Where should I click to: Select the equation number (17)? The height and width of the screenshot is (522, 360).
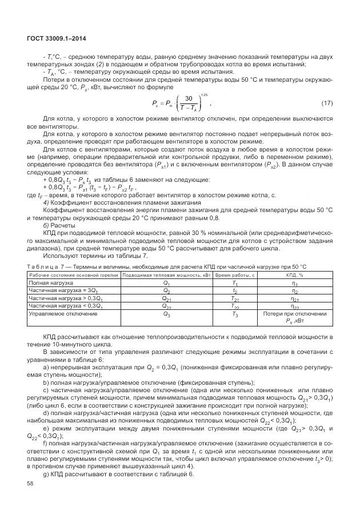(x=326, y=103)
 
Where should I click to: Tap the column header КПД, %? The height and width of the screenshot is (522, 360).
(x=294, y=276)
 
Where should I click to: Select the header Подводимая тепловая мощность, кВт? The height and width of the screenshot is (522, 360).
(x=166, y=276)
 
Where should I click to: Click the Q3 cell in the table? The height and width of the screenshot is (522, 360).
(x=166, y=314)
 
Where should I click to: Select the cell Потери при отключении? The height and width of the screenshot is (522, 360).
(x=294, y=314)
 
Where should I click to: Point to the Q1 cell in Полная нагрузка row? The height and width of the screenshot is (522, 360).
(x=166, y=283)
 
